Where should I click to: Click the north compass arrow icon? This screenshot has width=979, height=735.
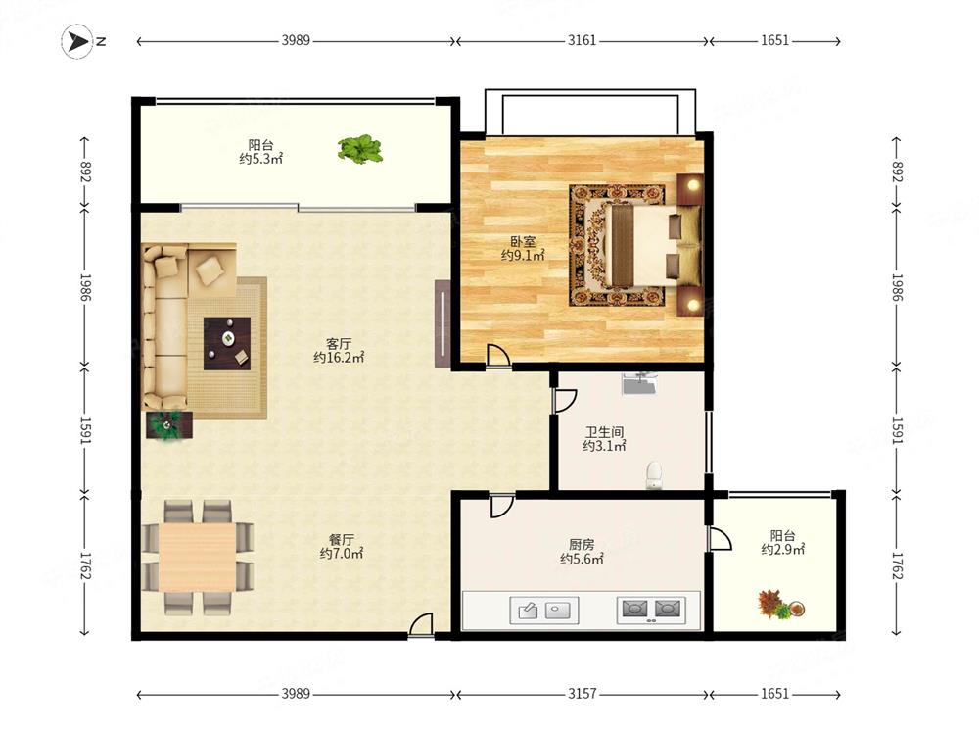(77, 41)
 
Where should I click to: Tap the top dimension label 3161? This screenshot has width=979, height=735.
(582, 40)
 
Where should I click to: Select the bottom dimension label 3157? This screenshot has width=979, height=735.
(582, 694)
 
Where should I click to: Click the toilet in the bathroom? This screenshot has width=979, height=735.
(654, 475)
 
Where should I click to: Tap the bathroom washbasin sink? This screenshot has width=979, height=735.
(639, 383)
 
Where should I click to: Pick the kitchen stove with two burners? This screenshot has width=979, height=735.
(651, 610)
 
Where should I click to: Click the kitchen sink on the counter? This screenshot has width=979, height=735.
(544, 610)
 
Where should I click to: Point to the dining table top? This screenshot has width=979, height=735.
(198, 557)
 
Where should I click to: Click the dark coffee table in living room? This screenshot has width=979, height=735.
(227, 344)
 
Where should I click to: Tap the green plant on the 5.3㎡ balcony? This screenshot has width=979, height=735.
(359, 149)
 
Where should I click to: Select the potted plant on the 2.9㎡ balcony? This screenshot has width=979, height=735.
(780, 605)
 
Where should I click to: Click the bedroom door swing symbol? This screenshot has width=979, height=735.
(498, 355)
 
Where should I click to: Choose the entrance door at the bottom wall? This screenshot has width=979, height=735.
(421, 625)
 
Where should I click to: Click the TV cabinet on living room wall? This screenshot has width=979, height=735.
(443, 323)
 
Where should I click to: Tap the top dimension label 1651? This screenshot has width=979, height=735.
(774, 40)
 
